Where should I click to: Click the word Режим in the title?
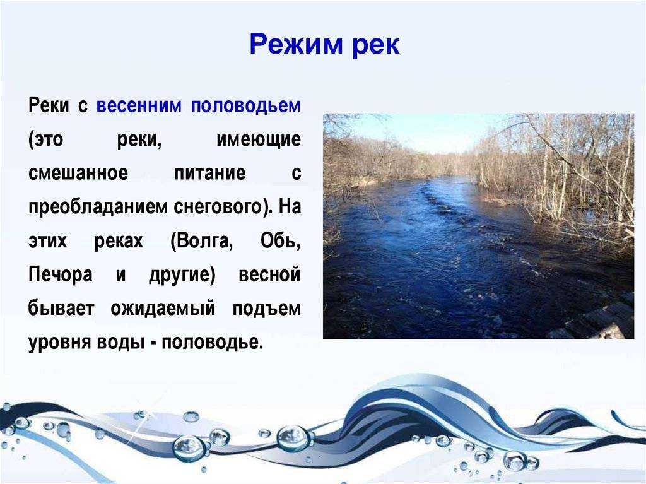click(x=297, y=45)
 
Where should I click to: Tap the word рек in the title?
click(x=376, y=46)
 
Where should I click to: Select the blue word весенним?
click(x=139, y=105)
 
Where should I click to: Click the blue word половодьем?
click(x=246, y=105)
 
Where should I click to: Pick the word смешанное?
click(x=78, y=173)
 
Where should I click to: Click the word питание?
click(x=209, y=173)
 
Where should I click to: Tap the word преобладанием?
click(x=98, y=206)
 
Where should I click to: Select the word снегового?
click(x=218, y=207)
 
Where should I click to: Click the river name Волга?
click(x=202, y=241)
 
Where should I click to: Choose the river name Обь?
click(x=280, y=240)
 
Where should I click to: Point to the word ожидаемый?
click(x=163, y=309)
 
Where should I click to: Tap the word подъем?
click(x=267, y=309)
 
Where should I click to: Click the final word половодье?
click(x=212, y=342)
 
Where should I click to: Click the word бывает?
click(x=61, y=309)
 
